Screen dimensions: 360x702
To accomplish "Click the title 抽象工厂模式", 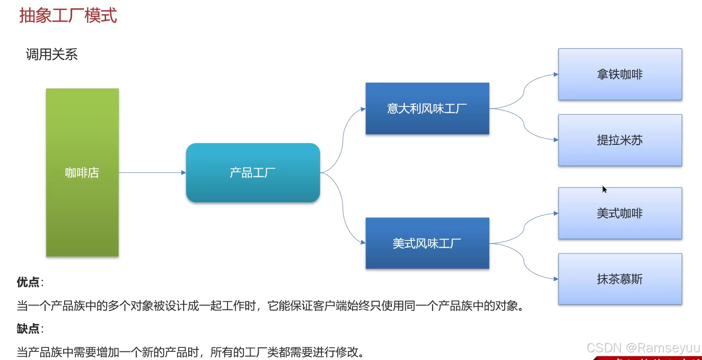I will pos(68,16).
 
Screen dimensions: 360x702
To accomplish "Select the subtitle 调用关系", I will pos(51,55).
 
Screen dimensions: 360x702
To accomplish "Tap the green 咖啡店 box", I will pos(82,172).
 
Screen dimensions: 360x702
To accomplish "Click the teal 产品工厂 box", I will pos(253,172).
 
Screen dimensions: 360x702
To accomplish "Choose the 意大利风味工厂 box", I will pos(427,108).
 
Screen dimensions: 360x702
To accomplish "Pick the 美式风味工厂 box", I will pos(427,243).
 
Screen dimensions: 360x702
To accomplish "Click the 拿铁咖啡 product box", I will pos(620,74).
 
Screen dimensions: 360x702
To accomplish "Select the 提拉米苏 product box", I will pos(620,140).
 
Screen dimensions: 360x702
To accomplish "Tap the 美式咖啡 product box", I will pos(620,213).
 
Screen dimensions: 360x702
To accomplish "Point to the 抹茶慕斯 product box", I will pos(620,279).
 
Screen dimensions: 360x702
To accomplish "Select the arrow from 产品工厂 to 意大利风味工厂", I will pos(343,135).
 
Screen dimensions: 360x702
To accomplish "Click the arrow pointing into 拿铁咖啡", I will pos(525,88).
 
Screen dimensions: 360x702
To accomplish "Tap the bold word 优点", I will pos(28,282).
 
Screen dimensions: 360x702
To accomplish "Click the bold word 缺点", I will pos(28,329).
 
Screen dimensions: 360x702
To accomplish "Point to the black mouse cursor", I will pos(604,189).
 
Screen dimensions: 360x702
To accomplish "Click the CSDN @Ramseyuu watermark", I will pos(643,348).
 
